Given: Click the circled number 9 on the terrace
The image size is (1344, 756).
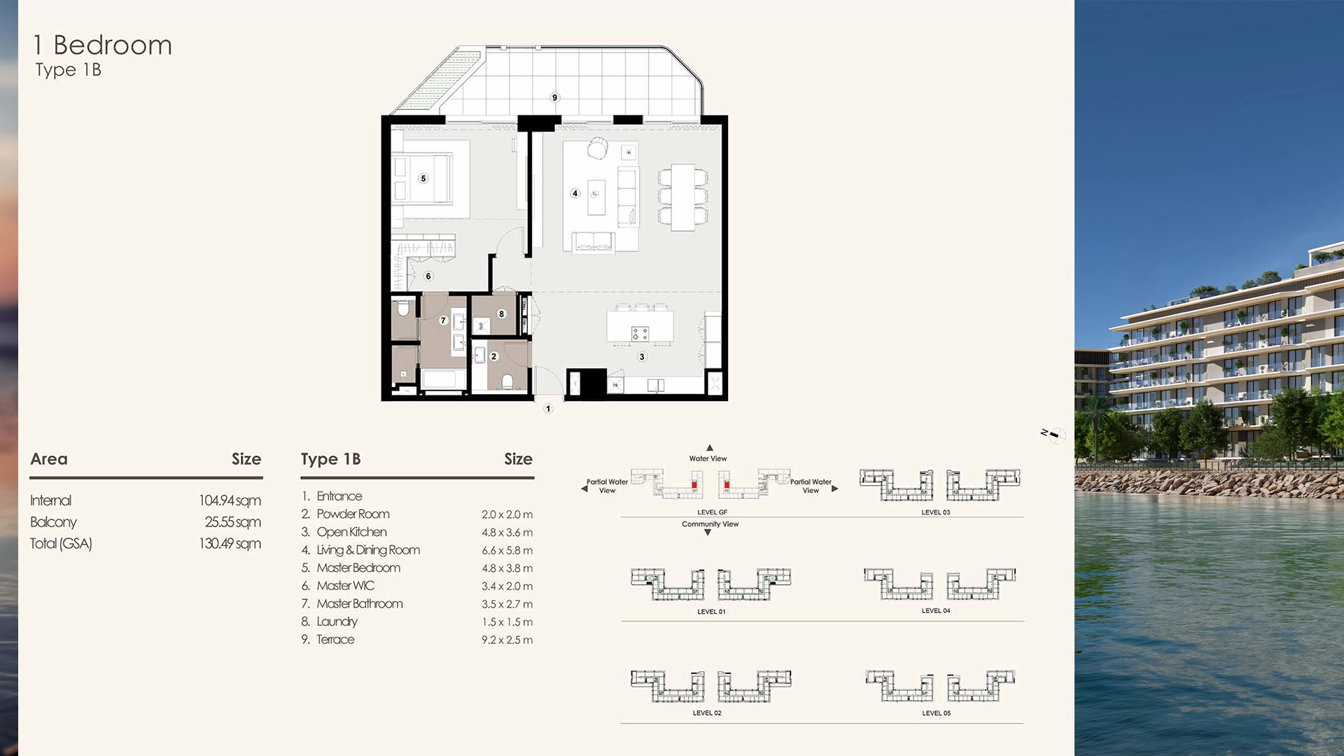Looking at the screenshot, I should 554,97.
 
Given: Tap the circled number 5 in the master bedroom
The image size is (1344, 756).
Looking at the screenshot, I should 423,178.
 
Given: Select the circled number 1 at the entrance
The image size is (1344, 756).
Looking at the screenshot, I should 548,409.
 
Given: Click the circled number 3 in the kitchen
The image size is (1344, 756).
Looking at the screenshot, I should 642,357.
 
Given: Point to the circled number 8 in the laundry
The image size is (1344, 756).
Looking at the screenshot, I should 501,314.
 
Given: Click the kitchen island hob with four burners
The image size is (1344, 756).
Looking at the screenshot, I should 640,334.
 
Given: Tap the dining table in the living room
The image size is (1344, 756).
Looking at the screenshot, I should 682,197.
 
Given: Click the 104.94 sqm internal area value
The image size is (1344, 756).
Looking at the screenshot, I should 230,500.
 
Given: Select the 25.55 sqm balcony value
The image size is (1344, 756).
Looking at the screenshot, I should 232,522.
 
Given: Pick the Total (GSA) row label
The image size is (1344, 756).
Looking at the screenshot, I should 61,544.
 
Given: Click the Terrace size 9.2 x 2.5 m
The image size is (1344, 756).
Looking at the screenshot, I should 507,640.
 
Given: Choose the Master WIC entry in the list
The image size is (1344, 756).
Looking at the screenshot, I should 345,586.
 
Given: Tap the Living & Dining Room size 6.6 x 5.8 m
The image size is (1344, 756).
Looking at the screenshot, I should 507,550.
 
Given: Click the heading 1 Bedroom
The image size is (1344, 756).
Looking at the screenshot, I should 102,45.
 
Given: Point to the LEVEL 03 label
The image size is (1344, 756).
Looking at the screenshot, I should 935,512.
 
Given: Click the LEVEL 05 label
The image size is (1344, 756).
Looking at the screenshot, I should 936,713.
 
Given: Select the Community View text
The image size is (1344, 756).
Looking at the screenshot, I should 710,524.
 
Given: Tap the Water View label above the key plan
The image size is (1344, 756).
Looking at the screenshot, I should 708,458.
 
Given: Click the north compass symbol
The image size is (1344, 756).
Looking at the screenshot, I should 1053,435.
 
